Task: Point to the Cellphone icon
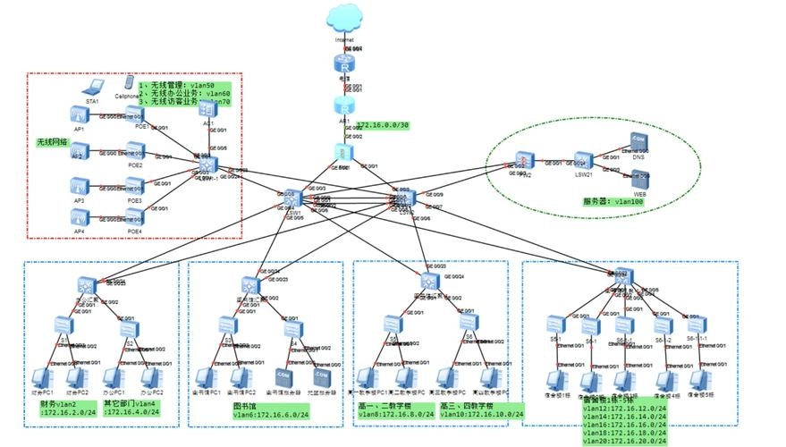[130, 81]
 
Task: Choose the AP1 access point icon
[80, 114]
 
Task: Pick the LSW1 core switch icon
[293, 199]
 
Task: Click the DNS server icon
[638, 140]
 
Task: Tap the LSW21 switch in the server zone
[584, 161]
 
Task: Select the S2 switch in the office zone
[128, 328]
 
